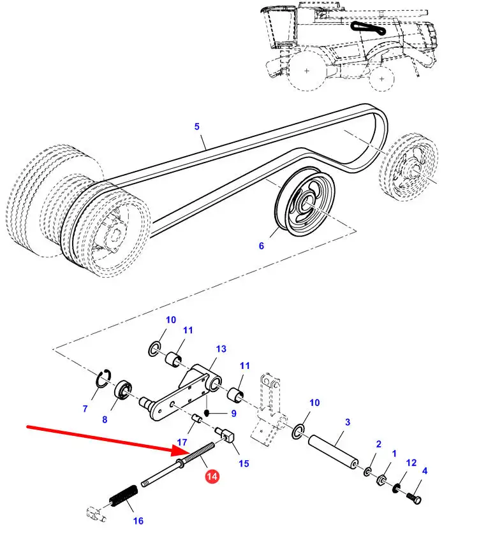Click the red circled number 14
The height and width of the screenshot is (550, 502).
212,475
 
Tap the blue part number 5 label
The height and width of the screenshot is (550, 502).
197,127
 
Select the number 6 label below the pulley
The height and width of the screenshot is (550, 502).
261,246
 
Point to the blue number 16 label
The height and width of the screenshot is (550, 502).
138,521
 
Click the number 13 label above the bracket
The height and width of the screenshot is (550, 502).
221,349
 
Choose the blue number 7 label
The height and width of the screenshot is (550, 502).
85,409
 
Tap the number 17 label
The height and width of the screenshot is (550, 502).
182,442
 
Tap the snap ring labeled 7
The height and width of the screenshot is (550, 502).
103,379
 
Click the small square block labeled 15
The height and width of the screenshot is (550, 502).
228,437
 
